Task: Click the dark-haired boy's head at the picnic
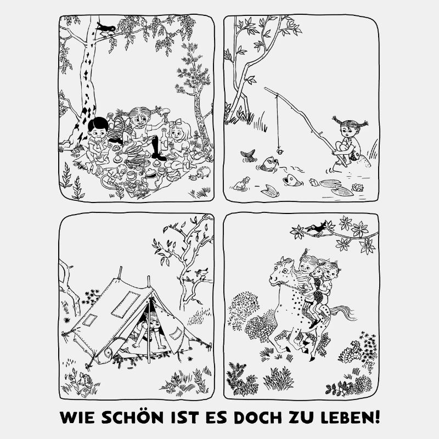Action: tap(98, 128)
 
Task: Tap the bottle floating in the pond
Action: tap(241, 184)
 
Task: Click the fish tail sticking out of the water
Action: tap(248, 156)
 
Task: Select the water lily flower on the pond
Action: tap(357, 188)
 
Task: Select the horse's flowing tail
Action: tap(340, 314)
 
